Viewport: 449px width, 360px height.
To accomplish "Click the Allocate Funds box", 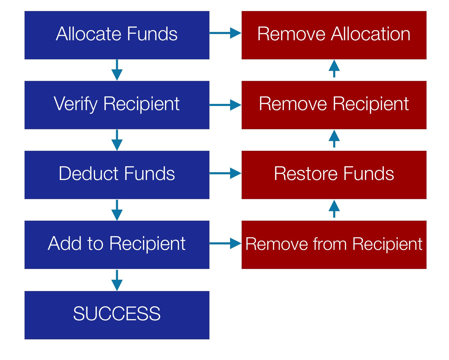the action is [x=117, y=35].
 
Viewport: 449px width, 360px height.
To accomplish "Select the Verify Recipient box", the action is [x=117, y=105].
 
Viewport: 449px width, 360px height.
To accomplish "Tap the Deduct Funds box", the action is [x=117, y=175].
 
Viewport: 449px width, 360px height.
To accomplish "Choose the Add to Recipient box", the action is [x=117, y=245].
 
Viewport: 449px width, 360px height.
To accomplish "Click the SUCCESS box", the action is [x=117, y=315].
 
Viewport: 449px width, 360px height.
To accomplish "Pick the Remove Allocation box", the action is [x=334, y=35].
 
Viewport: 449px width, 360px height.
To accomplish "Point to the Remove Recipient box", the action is [x=334, y=105].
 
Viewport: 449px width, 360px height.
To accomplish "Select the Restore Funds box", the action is [x=334, y=175].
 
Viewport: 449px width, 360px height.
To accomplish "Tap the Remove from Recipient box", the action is [x=334, y=245].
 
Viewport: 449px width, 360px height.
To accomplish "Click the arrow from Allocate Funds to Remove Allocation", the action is [x=225, y=33].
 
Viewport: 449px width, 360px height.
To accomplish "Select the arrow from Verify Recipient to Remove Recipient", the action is [x=225, y=105].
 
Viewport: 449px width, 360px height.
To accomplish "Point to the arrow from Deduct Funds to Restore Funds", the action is [x=225, y=173].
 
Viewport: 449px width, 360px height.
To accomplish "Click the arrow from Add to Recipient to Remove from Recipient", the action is [x=225, y=243].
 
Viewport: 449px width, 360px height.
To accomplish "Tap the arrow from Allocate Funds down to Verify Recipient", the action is [x=117, y=70].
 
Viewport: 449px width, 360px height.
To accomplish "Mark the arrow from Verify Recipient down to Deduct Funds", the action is [x=117, y=140].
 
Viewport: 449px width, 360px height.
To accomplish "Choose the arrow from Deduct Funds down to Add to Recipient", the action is [x=117, y=210].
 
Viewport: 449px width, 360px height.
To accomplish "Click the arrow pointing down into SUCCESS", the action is [x=117, y=280].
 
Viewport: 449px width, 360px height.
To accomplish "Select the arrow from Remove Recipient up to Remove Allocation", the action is [x=334, y=69].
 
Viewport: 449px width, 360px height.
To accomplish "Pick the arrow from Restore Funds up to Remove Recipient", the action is [x=334, y=138].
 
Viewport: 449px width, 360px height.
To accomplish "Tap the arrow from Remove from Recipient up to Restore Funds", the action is [x=334, y=209].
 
